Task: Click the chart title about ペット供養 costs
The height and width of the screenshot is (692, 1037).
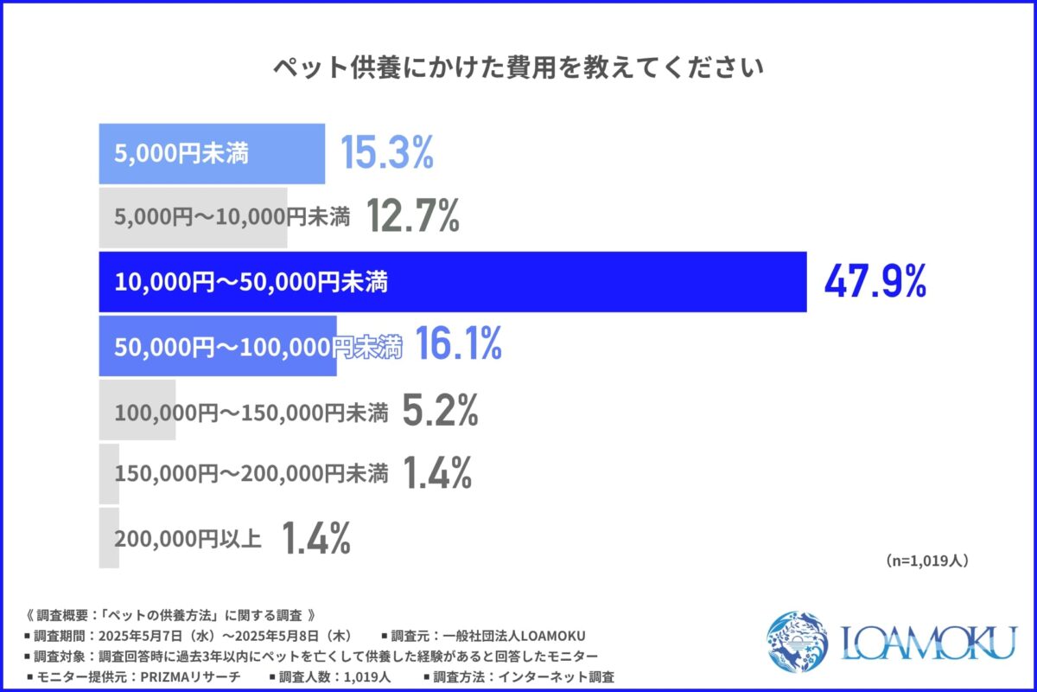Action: coord(518,68)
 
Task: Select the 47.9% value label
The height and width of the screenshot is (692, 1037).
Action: coord(874,282)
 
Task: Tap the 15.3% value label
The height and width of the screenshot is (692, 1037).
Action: coord(385,154)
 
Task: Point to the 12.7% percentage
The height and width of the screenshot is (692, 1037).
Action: coord(411,218)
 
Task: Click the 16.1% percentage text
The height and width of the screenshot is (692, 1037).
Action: coord(458,346)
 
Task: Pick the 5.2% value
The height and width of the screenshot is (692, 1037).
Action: coord(440,411)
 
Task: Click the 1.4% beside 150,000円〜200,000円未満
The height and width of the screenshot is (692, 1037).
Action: coord(436,474)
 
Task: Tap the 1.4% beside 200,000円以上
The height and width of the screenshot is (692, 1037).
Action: coord(315,538)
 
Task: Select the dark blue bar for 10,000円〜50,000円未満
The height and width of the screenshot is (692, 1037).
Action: coord(605,282)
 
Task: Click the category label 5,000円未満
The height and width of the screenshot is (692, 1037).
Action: coord(181,154)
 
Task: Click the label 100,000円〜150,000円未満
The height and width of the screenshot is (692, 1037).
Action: coord(251,411)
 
